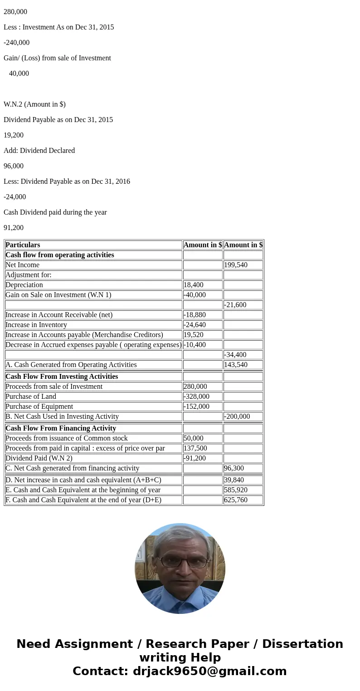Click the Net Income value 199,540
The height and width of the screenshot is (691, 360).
pyautogui.click(x=236, y=265)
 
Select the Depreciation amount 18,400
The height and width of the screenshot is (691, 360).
pyautogui.click(x=194, y=285)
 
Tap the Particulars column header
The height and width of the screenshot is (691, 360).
pyautogui.click(x=23, y=245)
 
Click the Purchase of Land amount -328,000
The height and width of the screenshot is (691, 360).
pyautogui.click(x=197, y=397)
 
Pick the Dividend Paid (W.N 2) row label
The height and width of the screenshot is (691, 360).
pyautogui.click(x=39, y=458)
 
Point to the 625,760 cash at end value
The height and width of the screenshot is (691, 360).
pyautogui.click(x=236, y=500)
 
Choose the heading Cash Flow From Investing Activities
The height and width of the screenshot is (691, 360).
pyautogui.click(x=62, y=377)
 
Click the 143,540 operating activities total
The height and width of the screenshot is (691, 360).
pyautogui.click(x=236, y=365)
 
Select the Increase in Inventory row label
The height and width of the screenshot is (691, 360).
pyautogui.click(x=36, y=325)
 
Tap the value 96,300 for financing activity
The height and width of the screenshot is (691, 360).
pyautogui.click(x=234, y=468)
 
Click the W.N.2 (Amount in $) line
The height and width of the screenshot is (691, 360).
pyautogui.click(x=34, y=104)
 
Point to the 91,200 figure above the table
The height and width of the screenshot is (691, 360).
pyautogui.click(x=14, y=228)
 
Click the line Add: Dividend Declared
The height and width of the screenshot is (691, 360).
pyautogui.click(x=39, y=151)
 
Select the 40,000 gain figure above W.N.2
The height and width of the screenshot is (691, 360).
pyautogui.click(x=19, y=74)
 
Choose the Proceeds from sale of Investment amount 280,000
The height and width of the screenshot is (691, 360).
pyautogui.click(x=195, y=387)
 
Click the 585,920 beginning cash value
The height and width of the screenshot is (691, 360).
pyautogui.click(x=236, y=490)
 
